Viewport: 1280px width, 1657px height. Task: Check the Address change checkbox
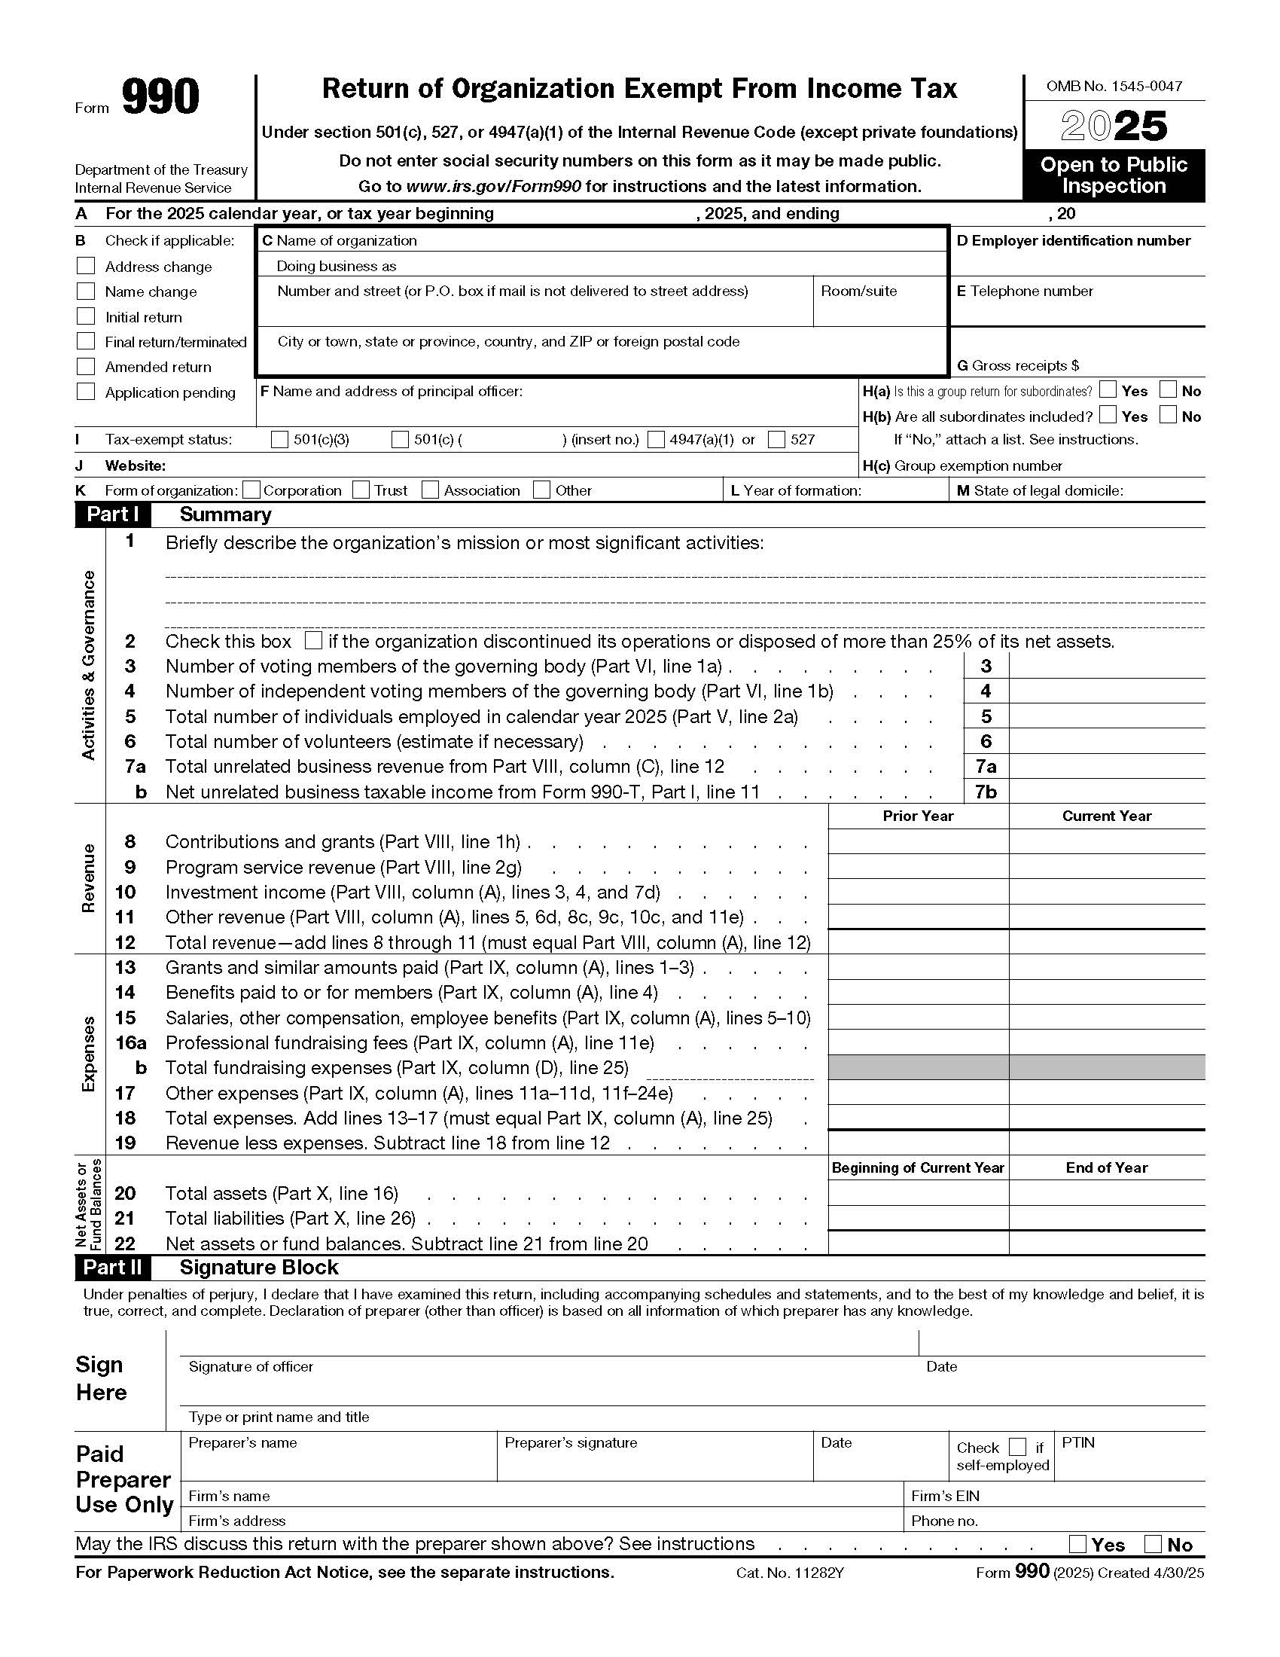tap(86, 266)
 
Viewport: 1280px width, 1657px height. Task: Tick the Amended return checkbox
tap(86, 367)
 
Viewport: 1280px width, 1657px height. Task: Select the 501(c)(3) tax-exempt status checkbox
tap(280, 439)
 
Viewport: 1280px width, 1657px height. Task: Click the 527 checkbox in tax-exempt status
tap(776, 439)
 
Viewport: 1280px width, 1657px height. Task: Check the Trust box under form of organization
tap(361, 490)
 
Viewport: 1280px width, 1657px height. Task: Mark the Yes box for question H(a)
tap(1108, 390)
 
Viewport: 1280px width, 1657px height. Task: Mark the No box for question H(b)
tap(1169, 415)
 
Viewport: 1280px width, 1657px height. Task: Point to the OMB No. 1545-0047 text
tap(1113, 87)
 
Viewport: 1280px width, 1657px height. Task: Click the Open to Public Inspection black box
tap(1113, 175)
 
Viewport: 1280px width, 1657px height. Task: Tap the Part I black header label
tap(112, 514)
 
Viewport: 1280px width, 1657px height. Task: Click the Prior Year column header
tap(918, 816)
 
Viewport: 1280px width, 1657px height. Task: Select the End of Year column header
tap(1106, 1167)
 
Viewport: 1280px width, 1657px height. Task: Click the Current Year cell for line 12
tap(1106, 941)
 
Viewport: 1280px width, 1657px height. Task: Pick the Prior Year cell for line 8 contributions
tap(918, 841)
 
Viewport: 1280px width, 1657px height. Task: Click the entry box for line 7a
tap(1106, 766)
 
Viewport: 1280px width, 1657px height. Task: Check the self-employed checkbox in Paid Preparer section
tap(1018, 1447)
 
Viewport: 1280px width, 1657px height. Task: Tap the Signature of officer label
tap(251, 1366)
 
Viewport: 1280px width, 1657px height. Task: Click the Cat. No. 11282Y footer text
tap(789, 1573)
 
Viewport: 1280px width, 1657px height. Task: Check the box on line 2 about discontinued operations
tap(312, 640)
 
